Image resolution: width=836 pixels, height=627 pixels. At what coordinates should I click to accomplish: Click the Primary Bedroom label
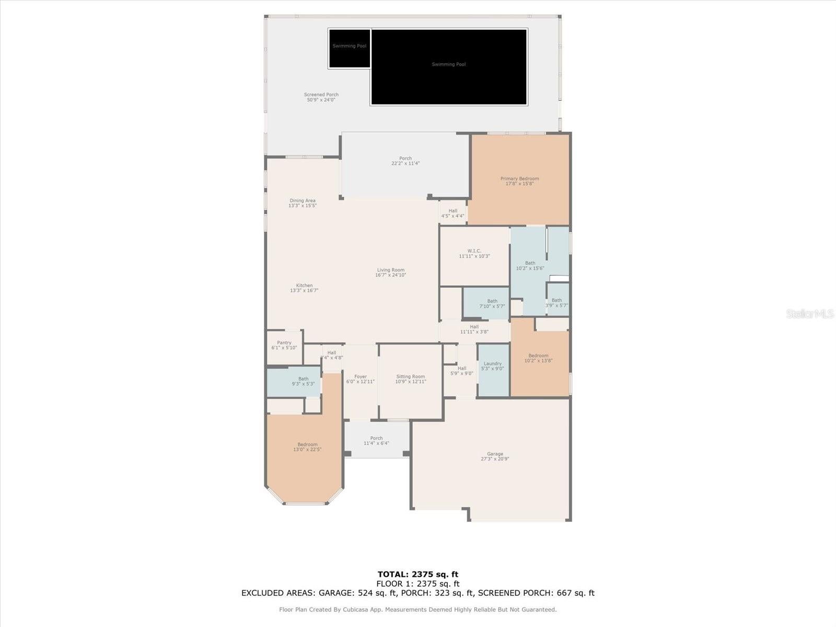tap(519, 179)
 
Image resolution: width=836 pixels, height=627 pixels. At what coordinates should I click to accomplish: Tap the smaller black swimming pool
tap(350, 48)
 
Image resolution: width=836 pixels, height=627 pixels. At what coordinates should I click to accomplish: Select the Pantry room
tap(284, 345)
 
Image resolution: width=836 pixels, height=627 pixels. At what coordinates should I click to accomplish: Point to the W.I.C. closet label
tap(474, 251)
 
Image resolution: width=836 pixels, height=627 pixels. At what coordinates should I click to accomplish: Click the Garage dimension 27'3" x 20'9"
tap(495, 459)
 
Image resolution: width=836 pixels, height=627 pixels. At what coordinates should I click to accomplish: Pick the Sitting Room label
tap(411, 377)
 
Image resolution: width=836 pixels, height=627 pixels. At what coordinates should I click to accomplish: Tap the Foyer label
tap(361, 377)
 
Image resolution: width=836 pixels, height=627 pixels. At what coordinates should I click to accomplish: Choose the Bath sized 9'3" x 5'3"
tap(303, 381)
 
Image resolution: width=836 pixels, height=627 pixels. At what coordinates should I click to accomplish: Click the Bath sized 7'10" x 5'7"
tap(492, 304)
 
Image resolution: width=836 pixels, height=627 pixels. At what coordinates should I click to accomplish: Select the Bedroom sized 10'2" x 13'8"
tap(539, 358)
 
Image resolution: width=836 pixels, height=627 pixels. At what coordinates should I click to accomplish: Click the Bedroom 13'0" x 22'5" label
tap(307, 445)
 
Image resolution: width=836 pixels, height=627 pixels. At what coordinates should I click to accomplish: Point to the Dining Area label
tap(303, 201)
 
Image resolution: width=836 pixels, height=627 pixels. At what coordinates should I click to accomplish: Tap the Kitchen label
tap(304, 286)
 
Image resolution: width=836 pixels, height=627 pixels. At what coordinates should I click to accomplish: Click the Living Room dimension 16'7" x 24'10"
tap(390, 275)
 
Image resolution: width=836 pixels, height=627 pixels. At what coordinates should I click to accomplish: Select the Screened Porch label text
tap(321, 95)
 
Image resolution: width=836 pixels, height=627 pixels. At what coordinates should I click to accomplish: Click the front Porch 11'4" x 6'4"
tap(376, 440)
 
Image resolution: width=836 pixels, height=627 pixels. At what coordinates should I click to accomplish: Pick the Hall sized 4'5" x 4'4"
tap(452, 213)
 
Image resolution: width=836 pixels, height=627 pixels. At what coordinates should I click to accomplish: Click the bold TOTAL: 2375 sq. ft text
tap(417, 575)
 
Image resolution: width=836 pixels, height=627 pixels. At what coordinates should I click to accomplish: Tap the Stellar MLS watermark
tap(809, 313)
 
